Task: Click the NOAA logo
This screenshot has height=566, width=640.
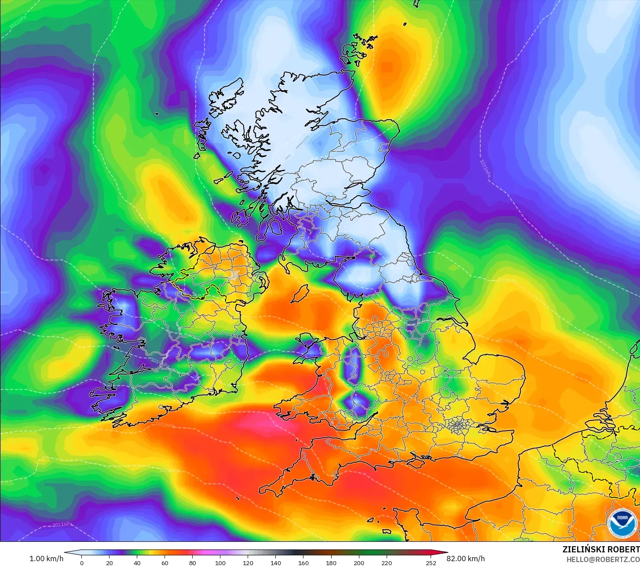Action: [x=622, y=523]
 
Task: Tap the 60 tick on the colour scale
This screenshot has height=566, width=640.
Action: [x=165, y=562]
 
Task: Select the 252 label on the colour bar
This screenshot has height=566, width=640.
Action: [x=431, y=562]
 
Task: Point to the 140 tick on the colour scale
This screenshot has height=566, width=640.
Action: [x=276, y=562]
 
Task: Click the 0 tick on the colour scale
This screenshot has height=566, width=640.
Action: [x=82, y=562]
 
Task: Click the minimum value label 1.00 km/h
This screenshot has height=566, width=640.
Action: [x=46, y=559]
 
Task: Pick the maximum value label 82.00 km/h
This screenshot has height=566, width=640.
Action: [x=466, y=559]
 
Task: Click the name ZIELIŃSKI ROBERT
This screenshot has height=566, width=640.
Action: [x=601, y=549]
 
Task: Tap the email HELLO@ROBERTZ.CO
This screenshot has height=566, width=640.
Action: [x=603, y=559]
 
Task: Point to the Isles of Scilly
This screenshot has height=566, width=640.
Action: [x=238, y=498]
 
